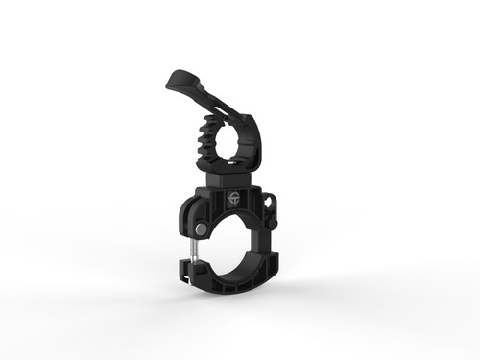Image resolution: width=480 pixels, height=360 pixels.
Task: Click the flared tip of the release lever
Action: [175, 78]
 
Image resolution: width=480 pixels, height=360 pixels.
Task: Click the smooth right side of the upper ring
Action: [256, 144]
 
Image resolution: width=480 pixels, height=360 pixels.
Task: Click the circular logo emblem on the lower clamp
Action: [234, 201]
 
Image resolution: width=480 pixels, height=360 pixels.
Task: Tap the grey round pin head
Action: [199, 229]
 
